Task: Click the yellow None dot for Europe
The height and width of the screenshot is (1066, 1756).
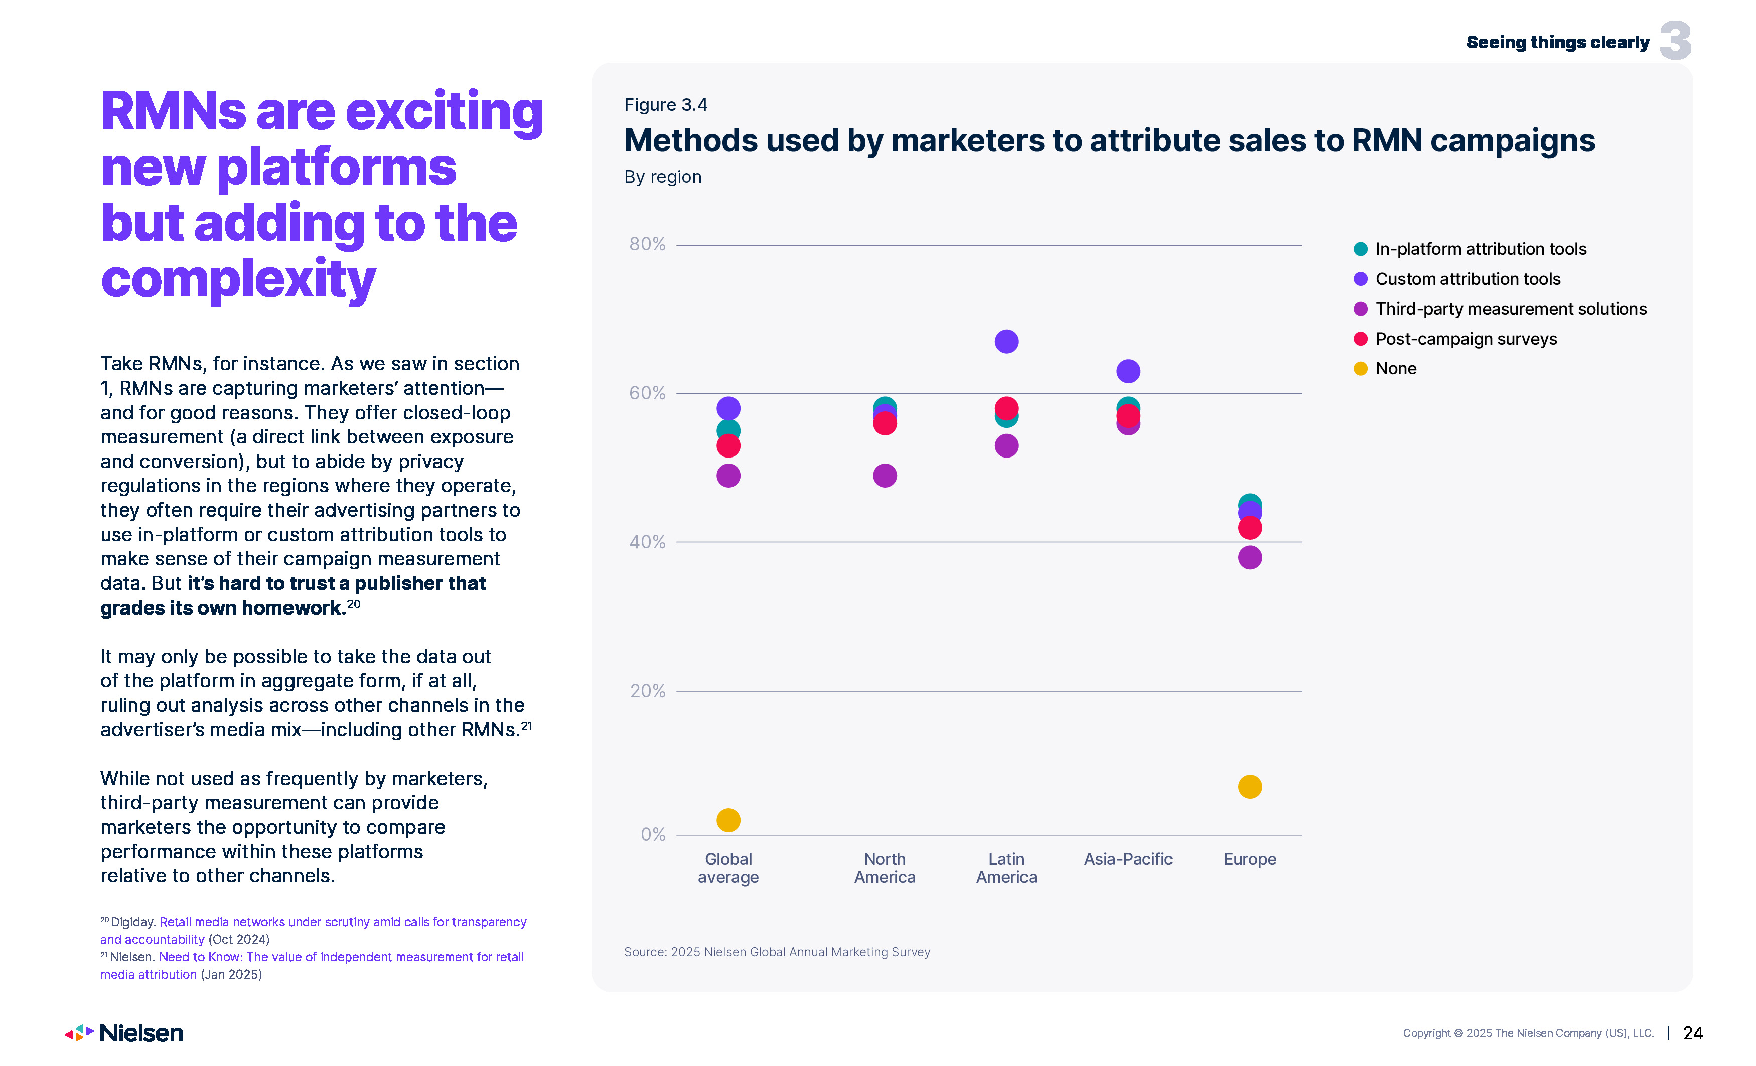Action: point(1249,787)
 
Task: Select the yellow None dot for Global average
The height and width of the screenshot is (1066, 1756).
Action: point(727,820)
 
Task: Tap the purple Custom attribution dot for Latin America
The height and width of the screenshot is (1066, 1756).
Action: point(1006,341)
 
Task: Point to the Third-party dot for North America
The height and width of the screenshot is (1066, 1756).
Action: point(885,475)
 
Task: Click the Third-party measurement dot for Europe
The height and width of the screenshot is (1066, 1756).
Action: point(1249,557)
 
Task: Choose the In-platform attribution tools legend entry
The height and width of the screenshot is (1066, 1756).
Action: point(1480,249)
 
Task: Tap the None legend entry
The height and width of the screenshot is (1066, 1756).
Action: point(1395,368)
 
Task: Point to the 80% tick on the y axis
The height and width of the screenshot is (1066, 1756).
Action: point(647,244)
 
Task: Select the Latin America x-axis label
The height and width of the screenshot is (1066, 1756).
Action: point(1006,868)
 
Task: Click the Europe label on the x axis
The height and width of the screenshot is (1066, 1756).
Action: point(1249,859)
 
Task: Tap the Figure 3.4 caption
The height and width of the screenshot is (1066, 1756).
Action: point(666,105)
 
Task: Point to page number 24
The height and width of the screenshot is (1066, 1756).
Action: point(1693,1033)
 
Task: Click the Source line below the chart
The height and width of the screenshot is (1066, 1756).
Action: point(777,952)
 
